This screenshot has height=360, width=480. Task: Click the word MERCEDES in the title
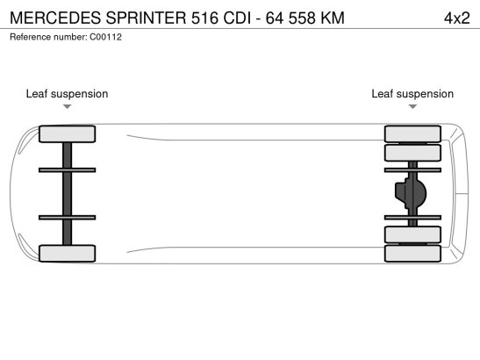[55, 18]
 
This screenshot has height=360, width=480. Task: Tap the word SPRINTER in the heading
[146, 18]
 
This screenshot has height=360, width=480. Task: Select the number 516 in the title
[204, 18]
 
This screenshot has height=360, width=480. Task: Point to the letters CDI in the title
[237, 18]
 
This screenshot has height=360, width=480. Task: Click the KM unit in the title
[333, 18]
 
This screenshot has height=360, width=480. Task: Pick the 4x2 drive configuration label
[456, 18]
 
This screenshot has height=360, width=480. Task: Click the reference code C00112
[105, 37]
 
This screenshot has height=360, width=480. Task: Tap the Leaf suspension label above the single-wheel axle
[67, 94]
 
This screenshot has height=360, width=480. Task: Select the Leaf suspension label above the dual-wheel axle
[412, 94]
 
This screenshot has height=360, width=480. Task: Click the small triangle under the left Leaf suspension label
[67, 106]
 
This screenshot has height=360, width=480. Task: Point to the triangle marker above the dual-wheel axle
[412, 106]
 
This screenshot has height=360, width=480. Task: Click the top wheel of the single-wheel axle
[67, 133]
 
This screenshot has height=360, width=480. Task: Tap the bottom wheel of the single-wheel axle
[67, 254]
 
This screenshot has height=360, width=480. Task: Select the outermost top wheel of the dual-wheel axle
[412, 133]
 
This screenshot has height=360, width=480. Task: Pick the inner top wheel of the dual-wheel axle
[412, 153]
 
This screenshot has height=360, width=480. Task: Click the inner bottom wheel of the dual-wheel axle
[412, 234]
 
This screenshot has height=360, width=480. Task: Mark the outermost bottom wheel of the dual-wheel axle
[412, 254]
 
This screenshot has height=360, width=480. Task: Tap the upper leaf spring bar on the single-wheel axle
[67, 170]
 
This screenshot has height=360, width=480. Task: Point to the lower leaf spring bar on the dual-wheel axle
[412, 218]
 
